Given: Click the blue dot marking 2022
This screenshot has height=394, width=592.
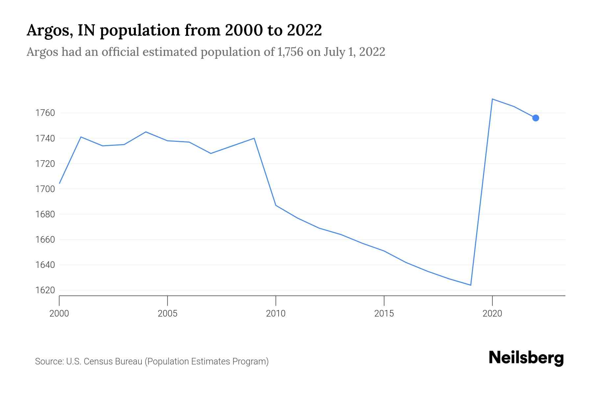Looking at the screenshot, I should click(x=535, y=118).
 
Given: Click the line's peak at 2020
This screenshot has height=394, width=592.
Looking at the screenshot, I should click(x=492, y=99).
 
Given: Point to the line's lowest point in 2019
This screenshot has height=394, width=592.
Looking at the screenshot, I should click(x=471, y=285).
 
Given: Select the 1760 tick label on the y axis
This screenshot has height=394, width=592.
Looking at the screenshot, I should click(x=45, y=113).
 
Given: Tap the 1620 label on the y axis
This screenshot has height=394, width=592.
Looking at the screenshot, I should click(x=45, y=290).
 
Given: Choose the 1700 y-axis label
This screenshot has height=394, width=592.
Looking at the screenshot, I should click(x=45, y=189).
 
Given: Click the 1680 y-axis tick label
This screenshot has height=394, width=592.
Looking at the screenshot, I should click(x=45, y=214).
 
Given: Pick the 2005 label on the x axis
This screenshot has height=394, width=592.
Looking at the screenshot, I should click(x=167, y=314).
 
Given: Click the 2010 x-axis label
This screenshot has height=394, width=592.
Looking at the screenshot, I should click(x=276, y=314).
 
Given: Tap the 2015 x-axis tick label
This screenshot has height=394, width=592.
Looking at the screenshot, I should click(x=384, y=314).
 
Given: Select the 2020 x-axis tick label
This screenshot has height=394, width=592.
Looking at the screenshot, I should click(x=492, y=314).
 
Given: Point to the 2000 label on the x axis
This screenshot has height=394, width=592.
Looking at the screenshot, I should click(x=59, y=314).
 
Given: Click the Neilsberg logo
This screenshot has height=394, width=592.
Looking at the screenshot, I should click(x=526, y=358).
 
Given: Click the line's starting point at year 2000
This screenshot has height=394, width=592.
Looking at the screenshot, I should click(x=60, y=183).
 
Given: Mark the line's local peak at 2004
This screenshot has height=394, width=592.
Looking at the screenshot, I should click(x=146, y=132).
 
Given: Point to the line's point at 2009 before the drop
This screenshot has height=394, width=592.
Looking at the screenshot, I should click(x=254, y=138).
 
